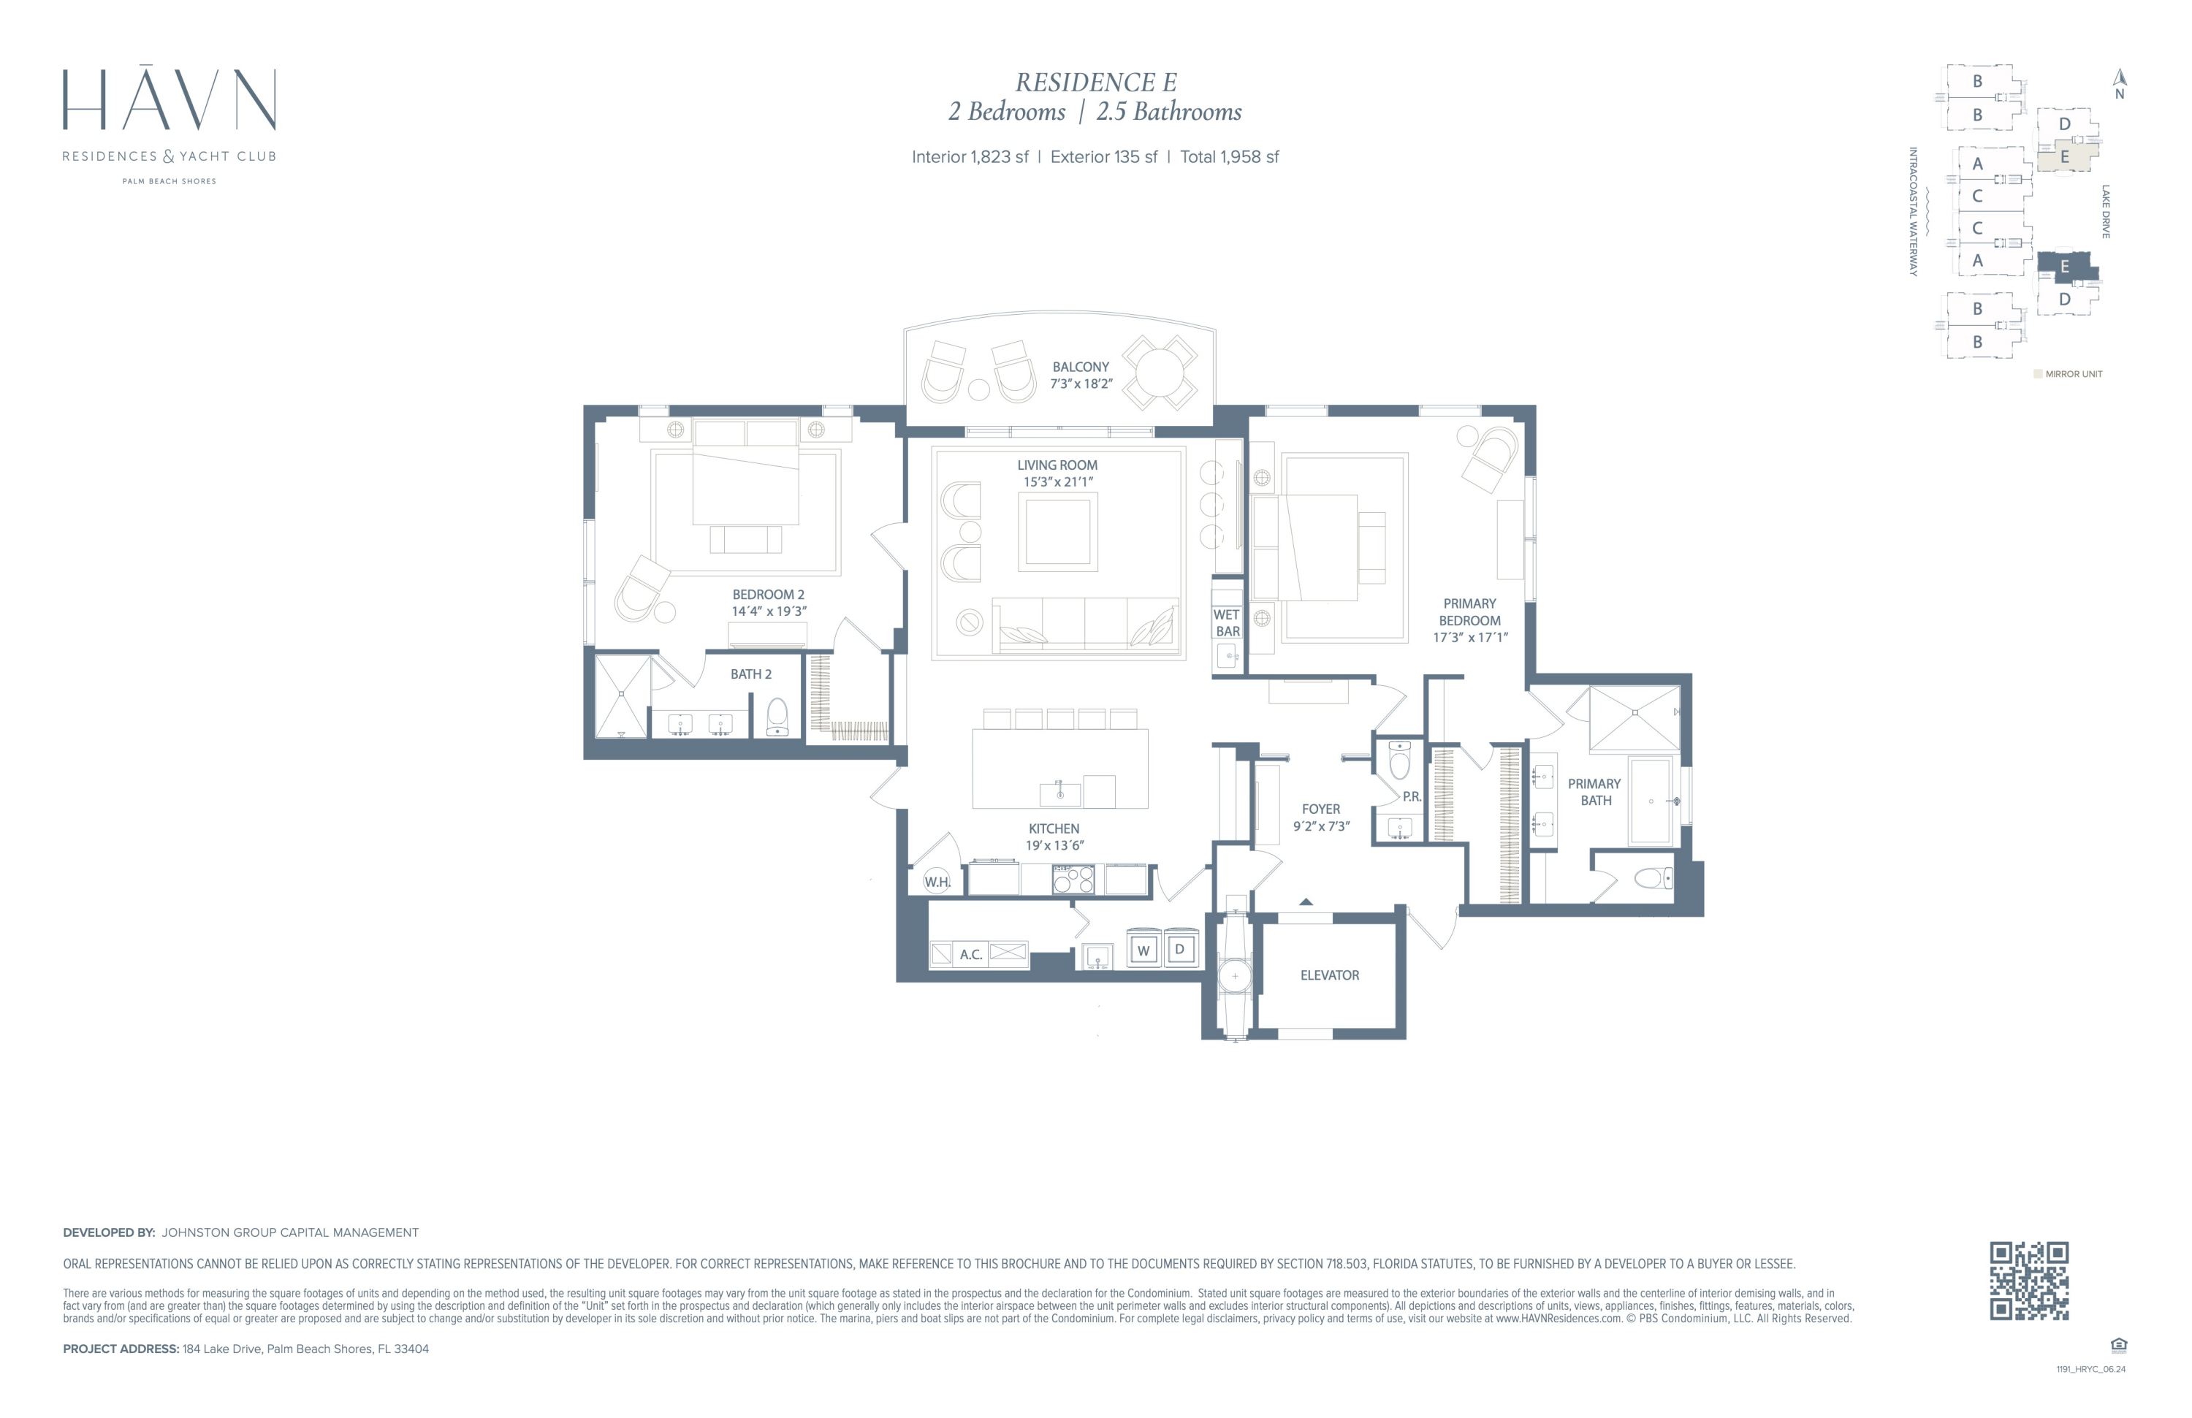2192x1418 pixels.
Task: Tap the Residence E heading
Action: tap(1096, 83)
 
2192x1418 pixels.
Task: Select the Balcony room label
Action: tap(1081, 375)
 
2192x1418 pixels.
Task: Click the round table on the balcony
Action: tap(1159, 373)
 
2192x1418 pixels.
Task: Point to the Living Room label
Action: tap(1057, 473)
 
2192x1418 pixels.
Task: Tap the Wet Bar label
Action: tap(1227, 622)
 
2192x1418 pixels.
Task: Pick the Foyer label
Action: tap(1322, 817)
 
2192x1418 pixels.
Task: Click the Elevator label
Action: tap(1330, 975)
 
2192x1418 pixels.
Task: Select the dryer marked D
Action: tap(1180, 949)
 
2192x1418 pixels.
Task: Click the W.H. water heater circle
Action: tap(937, 881)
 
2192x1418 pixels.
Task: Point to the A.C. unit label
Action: tap(971, 955)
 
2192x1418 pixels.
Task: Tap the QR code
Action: tap(2029, 1281)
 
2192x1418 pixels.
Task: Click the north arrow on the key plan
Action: tap(2119, 78)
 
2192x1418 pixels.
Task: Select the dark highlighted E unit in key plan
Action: tap(2066, 267)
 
